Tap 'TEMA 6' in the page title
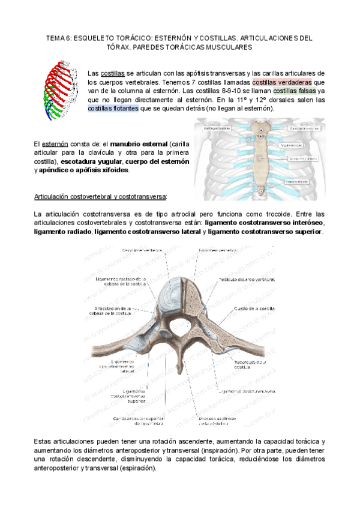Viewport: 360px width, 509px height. click(x=59, y=37)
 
